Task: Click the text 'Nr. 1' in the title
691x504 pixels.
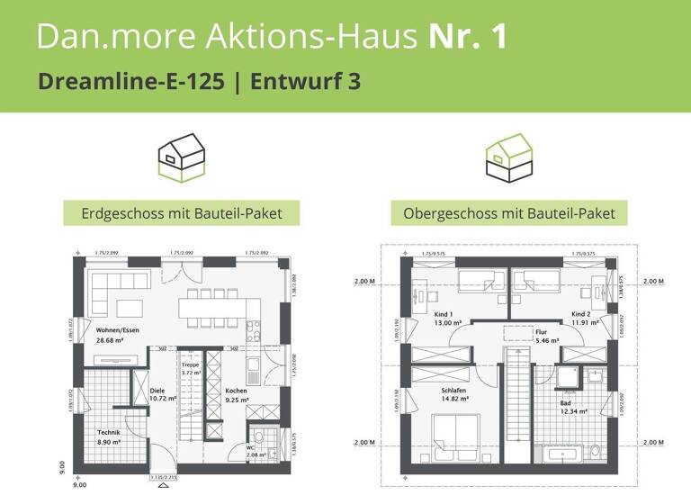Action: click(468, 35)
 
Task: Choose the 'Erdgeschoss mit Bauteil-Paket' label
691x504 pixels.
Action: click(182, 213)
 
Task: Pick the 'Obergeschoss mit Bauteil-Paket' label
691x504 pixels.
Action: click(509, 213)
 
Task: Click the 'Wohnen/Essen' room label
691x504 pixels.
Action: click(117, 330)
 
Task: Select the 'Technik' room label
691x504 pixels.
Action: click(109, 433)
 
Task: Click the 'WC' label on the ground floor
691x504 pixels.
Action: click(250, 447)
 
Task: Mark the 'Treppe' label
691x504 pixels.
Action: click(191, 364)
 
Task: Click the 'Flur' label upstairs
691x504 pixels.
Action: click(516, 332)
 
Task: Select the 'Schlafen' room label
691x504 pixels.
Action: click(455, 391)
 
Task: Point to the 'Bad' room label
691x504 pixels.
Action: click(566, 403)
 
